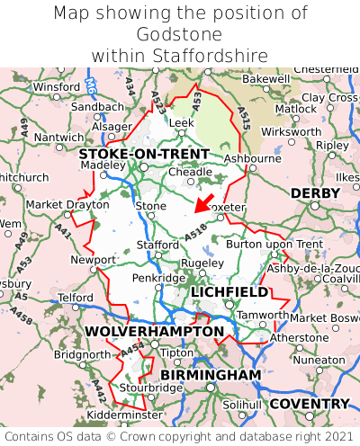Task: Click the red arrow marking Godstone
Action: pyautogui.click(x=204, y=201)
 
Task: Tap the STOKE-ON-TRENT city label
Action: pyautogui.click(x=144, y=154)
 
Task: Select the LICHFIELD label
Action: pyautogui.click(x=229, y=292)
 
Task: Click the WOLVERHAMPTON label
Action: pyautogui.click(x=154, y=332)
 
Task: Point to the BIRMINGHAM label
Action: pyautogui.click(x=211, y=374)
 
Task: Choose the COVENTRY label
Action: pyautogui.click(x=309, y=404)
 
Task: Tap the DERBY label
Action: pyautogui.click(x=315, y=193)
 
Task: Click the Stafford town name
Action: pyautogui.click(x=158, y=244)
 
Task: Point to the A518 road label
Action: pyautogui.click(x=196, y=234)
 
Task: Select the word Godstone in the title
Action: pyautogui.click(x=180, y=34)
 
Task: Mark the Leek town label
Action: pyautogui.click(x=182, y=121)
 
